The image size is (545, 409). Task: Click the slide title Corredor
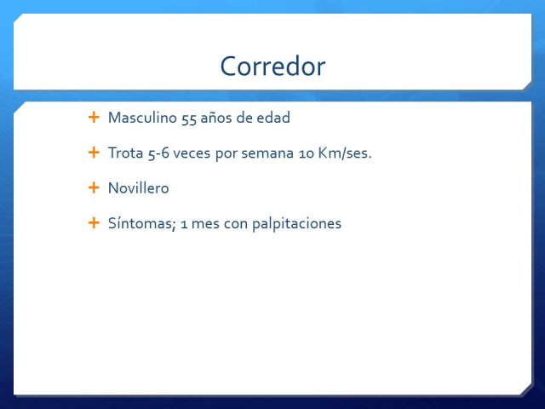272,66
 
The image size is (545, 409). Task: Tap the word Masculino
142,118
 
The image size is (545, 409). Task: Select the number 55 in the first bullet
189,119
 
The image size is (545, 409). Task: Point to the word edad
273,118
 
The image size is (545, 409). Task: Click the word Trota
126,153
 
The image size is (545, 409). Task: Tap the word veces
192,153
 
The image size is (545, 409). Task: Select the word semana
267,154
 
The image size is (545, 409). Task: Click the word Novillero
139,188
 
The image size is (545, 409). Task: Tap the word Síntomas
142,223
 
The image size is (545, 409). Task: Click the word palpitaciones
296,224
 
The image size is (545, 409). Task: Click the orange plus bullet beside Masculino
94,118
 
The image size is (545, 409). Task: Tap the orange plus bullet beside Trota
94,153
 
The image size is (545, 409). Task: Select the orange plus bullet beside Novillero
94,187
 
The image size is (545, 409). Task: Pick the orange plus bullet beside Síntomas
94,223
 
